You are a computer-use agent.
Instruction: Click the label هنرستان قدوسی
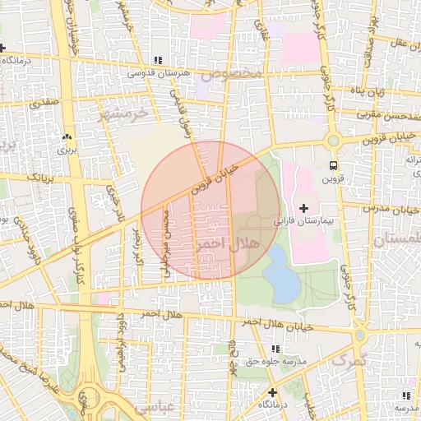[160, 73]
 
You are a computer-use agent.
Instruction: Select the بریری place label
[66, 150]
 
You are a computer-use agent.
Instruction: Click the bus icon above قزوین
[332, 164]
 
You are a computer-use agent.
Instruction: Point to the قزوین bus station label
[331, 178]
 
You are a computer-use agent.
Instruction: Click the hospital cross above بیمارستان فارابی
[304, 208]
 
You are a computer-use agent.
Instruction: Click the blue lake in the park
[281, 273]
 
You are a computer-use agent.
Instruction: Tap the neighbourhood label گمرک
[347, 360]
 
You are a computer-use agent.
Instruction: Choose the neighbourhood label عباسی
[155, 406]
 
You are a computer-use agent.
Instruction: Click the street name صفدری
[44, 104]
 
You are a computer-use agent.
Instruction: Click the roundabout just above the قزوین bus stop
[333, 141]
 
